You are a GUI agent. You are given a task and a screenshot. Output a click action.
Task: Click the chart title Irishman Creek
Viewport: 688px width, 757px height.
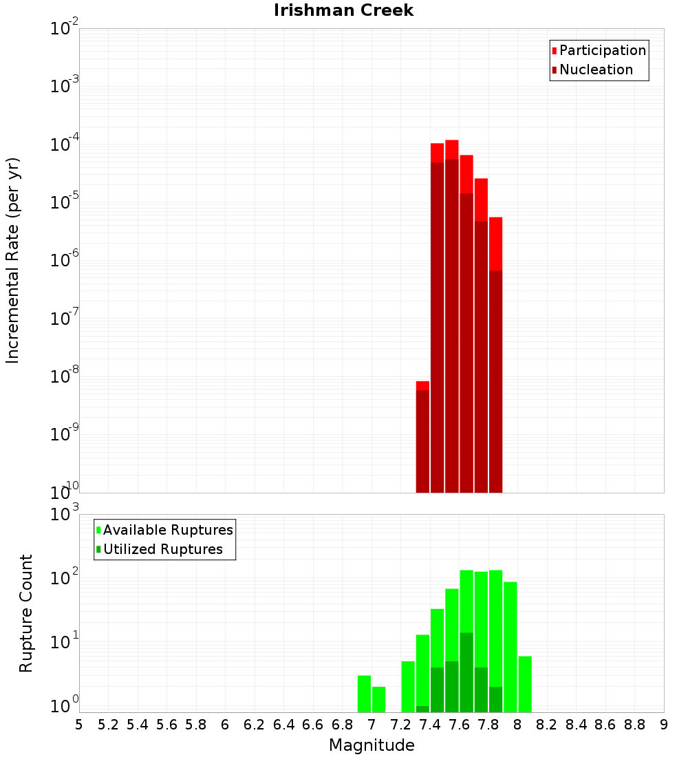pos(343,10)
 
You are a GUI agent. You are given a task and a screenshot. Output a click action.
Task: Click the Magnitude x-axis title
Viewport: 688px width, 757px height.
pos(372,745)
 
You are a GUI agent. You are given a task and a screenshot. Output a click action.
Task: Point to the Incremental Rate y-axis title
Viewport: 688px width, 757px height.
pos(13,260)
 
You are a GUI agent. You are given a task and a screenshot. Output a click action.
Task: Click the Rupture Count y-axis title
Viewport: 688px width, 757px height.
pos(26,613)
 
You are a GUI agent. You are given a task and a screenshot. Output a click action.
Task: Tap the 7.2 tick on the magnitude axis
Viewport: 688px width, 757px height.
pos(400,725)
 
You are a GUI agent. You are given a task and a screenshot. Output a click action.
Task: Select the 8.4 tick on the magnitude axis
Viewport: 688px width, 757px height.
pos(576,725)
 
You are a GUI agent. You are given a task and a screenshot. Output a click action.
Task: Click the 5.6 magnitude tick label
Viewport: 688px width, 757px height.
pos(166,725)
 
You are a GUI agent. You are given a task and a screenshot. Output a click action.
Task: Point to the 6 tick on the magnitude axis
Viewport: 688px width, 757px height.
pos(225,725)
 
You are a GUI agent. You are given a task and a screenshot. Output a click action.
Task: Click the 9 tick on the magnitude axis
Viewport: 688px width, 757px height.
pos(663,725)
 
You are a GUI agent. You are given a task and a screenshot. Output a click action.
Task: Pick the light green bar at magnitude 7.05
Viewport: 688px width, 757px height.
pos(378,699)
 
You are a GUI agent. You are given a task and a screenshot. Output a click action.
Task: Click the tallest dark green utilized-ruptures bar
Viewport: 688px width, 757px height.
pos(466,672)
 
